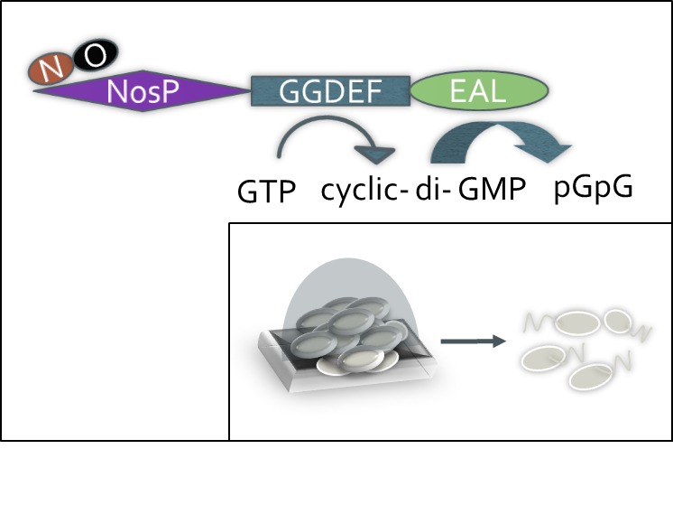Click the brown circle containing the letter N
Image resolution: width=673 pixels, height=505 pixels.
click(x=51, y=68)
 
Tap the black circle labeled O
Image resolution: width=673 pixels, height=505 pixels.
click(x=95, y=55)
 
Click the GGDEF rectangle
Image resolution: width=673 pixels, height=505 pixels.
click(x=330, y=91)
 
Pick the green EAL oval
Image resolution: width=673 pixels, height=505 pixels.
click(x=479, y=91)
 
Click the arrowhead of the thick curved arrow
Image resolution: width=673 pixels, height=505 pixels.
click(x=545, y=151)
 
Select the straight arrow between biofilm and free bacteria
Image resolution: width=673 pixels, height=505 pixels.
click(x=473, y=341)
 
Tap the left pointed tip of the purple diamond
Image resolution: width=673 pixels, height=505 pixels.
click(x=33, y=89)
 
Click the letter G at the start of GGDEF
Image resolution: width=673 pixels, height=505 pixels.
click(x=290, y=92)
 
